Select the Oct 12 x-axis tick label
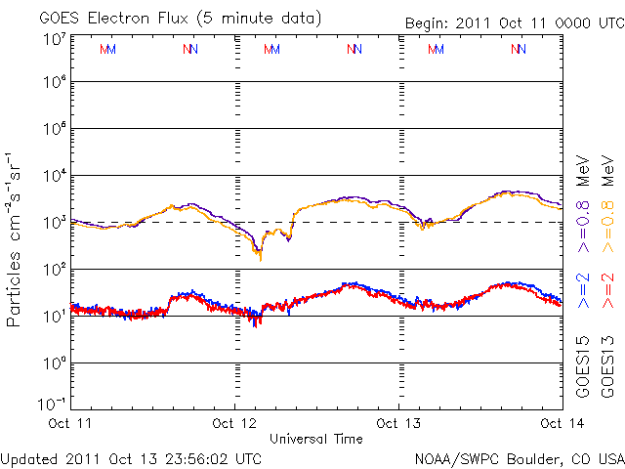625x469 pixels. point(235,422)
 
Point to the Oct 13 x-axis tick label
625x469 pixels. point(398,422)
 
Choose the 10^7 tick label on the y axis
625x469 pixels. point(54,40)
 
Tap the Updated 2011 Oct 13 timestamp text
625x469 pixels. point(131,456)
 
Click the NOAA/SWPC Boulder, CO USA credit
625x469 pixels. point(519,456)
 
